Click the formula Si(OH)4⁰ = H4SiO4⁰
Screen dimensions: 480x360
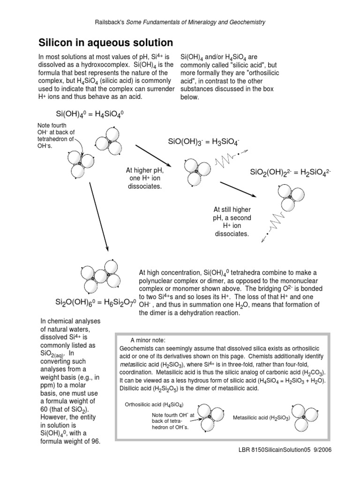point(90,114)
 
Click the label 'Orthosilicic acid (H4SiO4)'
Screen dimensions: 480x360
point(154,404)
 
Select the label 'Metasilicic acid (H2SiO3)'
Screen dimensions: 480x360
point(262,417)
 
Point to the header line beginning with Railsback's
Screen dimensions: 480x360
point(180,22)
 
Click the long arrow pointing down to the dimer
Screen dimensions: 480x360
point(99,216)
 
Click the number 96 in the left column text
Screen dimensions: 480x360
point(95,442)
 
